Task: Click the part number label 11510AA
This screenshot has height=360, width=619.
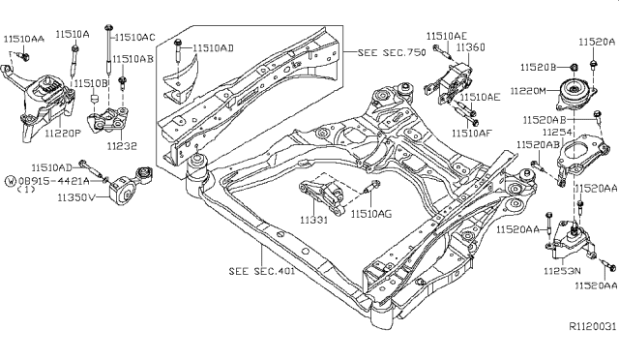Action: pyautogui.click(x=23, y=39)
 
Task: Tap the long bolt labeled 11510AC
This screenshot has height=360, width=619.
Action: pyautogui.click(x=107, y=47)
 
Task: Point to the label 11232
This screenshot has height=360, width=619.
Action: pyautogui.click(x=122, y=146)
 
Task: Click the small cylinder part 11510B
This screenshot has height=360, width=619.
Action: pyautogui.click(x=95, y=98)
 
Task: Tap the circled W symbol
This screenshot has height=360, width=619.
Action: pyautogui.click(x=11, y=181)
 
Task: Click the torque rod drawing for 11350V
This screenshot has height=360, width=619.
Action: pyautogui.click(x=131, y=186)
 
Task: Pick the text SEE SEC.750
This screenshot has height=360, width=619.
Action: pyautogui.click(x=392, y=52)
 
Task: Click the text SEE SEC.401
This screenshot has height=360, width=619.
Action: pyautogui.click(x=262, y=271)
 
